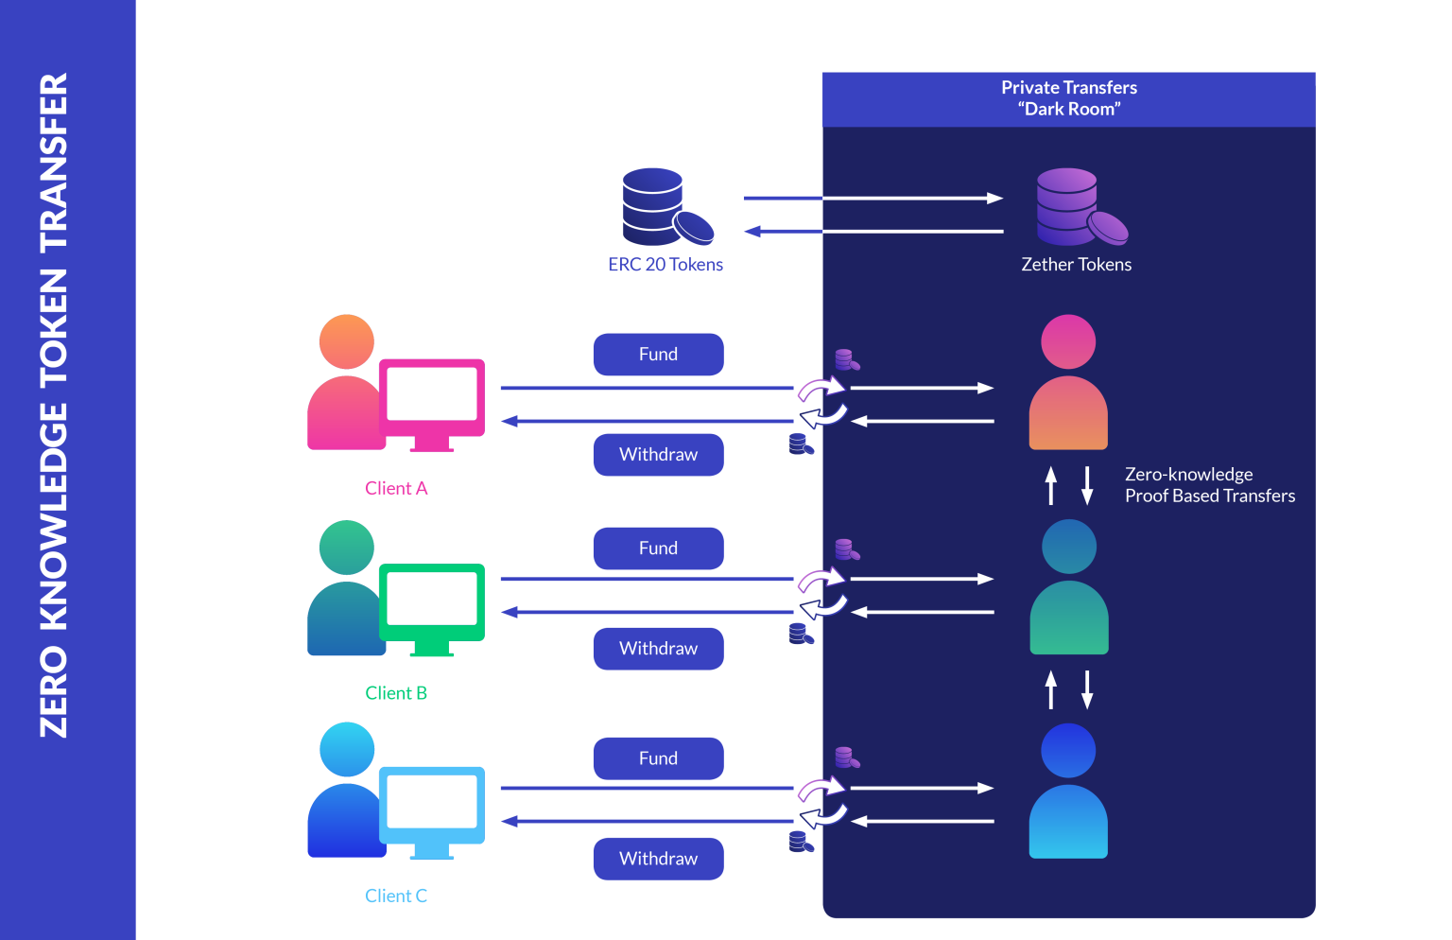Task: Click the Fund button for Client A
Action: click(658, 354)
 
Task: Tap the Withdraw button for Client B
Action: click(658, 648)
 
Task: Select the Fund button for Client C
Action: click(658, 757)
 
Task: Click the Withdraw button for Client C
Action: click(658, 858)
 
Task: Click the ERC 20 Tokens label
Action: click(665, 265)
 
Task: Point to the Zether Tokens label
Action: click(1076, 265)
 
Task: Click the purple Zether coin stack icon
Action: click(1078, 207)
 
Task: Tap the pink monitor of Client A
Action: click(432, 397)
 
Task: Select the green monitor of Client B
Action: click(432, 603)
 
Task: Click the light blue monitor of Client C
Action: click(432, 806)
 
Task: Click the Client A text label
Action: click(396, 488)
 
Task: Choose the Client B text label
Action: click(396, 693)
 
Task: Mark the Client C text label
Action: click(396, 896)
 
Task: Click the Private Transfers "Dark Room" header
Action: click(1068, 98)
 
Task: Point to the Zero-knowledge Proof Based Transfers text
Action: click(1209, 484)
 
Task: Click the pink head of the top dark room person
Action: click(1068, 341)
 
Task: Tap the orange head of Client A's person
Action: click(346, 341)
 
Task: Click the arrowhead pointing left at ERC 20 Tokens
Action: click(752, 231)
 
